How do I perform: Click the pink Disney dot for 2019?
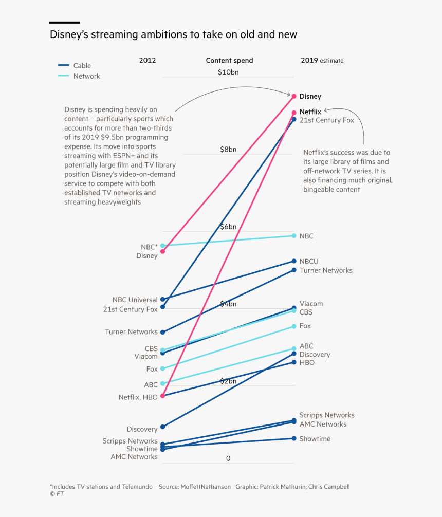(x=294, y=96)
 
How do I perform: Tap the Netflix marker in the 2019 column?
(x=294, y=113)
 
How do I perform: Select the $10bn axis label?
(x=228, y=72)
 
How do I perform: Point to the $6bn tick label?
(x=228, y=227)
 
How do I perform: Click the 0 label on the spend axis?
(x=228, y=458)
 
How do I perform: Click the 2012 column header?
(x=148, y=60)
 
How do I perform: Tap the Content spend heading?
(x=229, y=60)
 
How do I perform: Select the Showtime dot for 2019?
(x=294, y=438)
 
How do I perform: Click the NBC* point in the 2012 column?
(x=162, y=246)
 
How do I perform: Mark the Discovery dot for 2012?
(x=162, y=427)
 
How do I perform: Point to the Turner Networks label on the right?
(x=326, y=270)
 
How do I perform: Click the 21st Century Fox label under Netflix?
(x=327, y=120)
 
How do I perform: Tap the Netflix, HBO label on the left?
(x=138, y=397)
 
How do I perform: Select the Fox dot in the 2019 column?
(x=294, y=326)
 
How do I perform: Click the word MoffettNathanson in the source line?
(x=206, y=486)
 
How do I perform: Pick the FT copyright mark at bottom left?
(x=57, y=494)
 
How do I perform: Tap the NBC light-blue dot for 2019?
(x=294, y=236)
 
